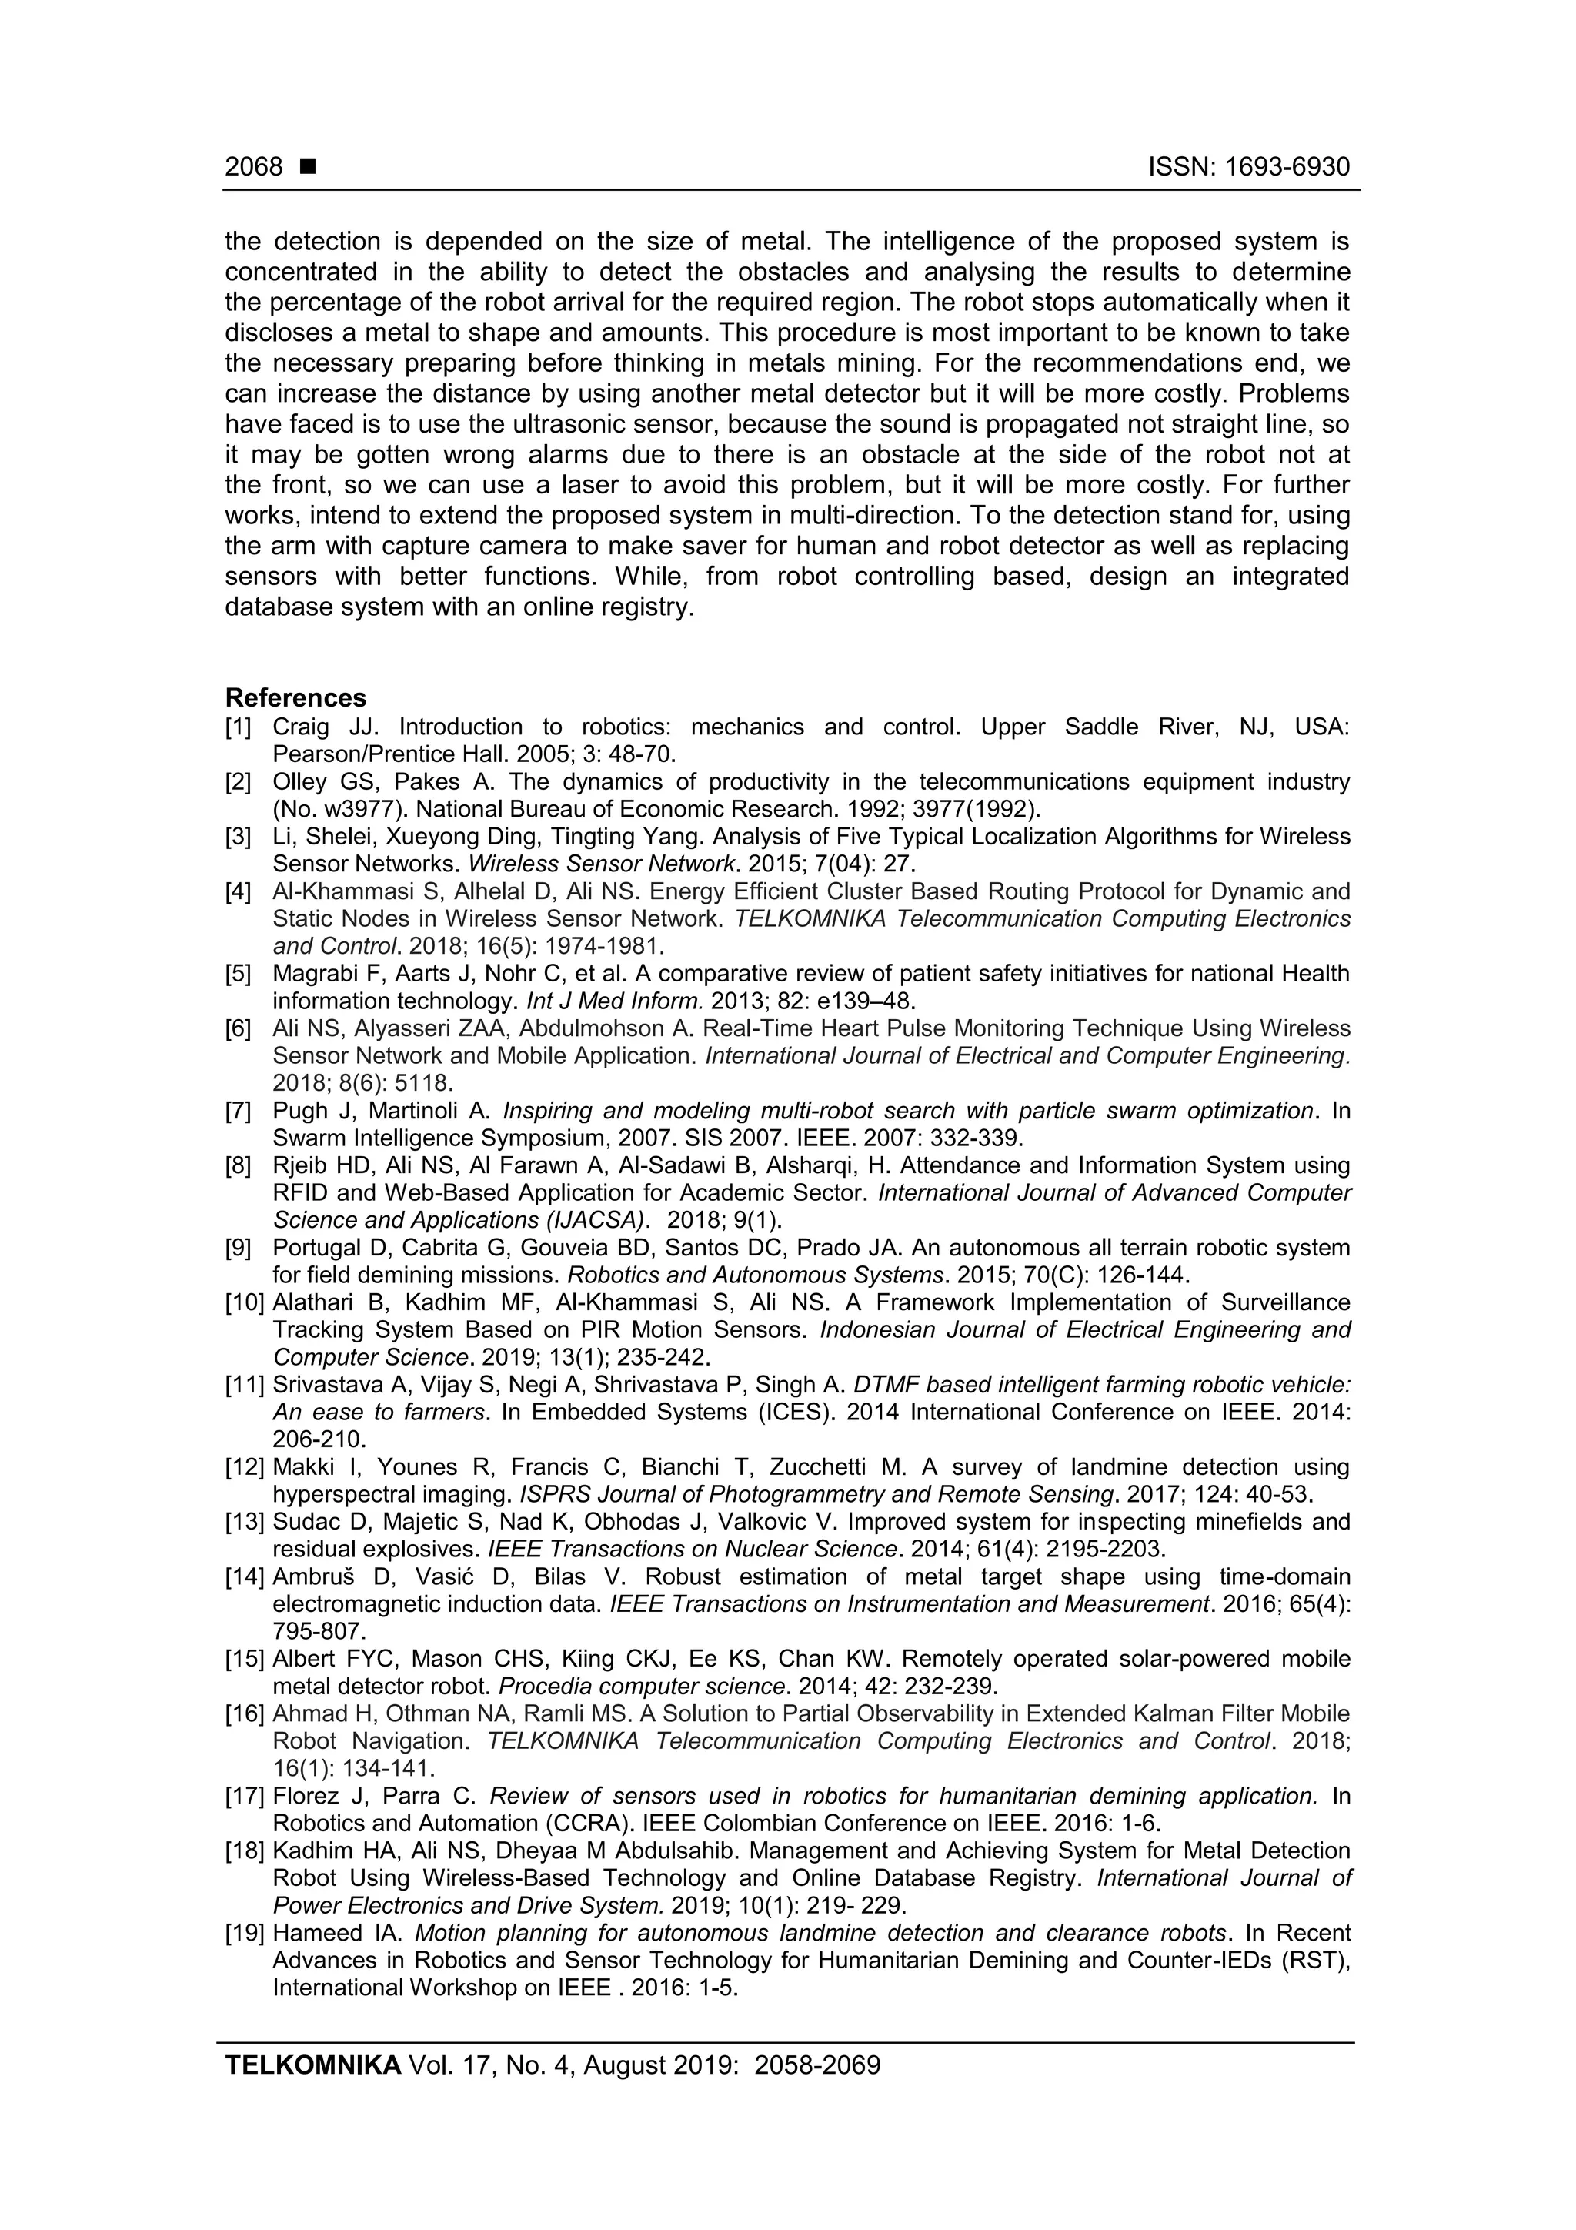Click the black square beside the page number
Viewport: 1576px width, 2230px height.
[308, 167]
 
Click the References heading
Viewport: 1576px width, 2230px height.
[295, 697]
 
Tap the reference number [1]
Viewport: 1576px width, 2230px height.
[238, 727]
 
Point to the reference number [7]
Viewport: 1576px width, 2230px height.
[238, 1110]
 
